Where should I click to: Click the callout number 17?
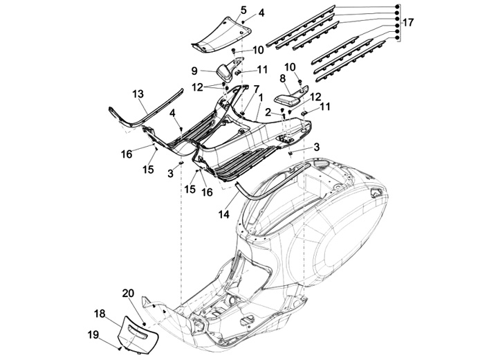(408, 23)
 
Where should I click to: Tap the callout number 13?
(138, 93)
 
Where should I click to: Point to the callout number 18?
(100, 314)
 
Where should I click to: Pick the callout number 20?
(127, 294)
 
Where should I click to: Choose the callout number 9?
(194, 70)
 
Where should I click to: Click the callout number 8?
(282, 78)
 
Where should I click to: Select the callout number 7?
(256, 89)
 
